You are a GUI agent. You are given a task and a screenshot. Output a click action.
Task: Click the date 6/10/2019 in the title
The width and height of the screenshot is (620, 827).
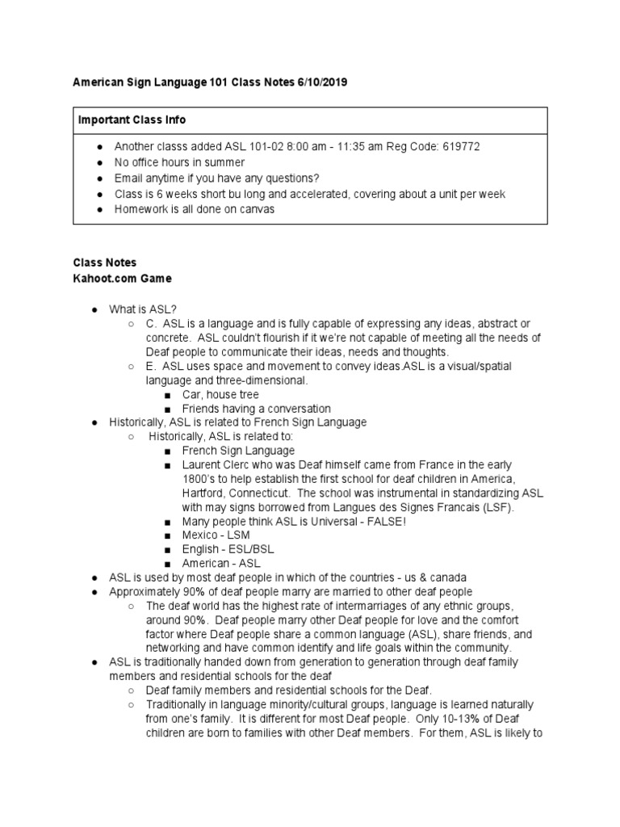coord(321,83)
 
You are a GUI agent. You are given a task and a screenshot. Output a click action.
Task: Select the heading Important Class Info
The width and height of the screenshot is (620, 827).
coord(132,120)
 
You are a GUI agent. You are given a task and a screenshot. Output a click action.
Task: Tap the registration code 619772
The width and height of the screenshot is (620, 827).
coord(461,146)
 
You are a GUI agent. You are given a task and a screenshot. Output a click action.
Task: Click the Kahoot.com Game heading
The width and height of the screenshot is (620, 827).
coord(122,278)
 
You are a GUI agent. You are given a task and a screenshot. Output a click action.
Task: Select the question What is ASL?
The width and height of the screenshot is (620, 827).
coord(143,310)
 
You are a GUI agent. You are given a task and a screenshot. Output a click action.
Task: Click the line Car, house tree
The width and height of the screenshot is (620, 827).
coord(220,394)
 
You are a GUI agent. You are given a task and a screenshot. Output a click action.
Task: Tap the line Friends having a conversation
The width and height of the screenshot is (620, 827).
coord(256,409)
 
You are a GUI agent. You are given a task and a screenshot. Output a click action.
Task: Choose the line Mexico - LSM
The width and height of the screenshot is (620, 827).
coord(216,535)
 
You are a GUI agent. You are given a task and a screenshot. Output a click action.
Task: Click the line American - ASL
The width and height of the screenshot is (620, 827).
coord(221,564)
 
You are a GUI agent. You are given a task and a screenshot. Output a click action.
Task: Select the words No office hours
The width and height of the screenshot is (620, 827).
coord(154,162)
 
